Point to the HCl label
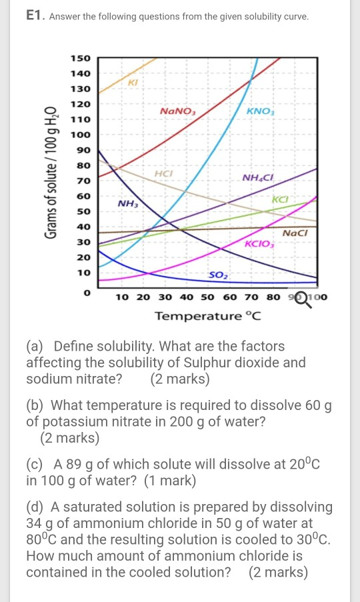163,173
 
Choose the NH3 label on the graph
127,203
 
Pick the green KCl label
280,199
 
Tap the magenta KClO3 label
260,244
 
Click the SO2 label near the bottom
217,275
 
